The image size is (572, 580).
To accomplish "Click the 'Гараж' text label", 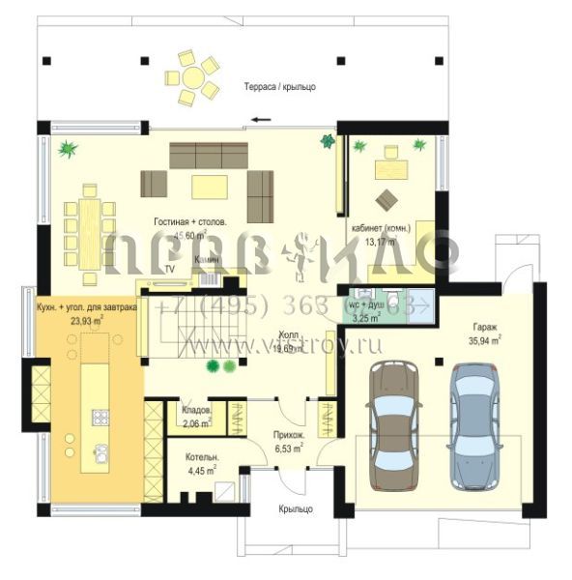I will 484,327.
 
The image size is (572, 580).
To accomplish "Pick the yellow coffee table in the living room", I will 209,185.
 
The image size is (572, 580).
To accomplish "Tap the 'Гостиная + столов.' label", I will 190,222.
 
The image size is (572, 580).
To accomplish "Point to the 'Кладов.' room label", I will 197,410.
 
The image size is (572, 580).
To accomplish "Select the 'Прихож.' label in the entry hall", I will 289,436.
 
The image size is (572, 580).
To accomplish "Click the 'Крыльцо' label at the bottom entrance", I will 291,507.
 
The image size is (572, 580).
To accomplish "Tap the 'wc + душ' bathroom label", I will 367,304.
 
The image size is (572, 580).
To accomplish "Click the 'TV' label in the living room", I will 169,268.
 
